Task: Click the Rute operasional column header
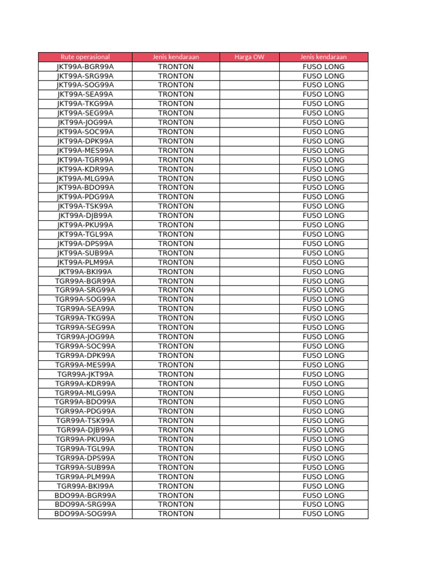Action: pyautogui.click(x=85, y=57)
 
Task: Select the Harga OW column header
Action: pyautogui.click(x=249, y=57)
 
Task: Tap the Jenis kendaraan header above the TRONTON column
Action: pyautogui.click(x=176, y=57)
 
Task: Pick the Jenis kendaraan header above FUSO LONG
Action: pyautogui.click(x=323, y=57)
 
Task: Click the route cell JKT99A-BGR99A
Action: pyautogui.click(x=85, y=66)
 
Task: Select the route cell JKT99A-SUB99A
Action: pyautogui.click(x=85, y=253)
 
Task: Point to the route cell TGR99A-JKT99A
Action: pyautogui.click(x=85, y=374)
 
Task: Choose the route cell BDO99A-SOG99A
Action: pyautogui.click(x=85, y=514)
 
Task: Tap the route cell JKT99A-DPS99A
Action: pyautogui.click(x=85, y=244)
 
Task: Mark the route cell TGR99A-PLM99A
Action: pyautogui.click(x=85, y=477)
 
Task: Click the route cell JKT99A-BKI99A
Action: pyautogui.click(x=85, y=272)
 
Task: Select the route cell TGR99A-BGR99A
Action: pyautogui.click(x=85, y=281)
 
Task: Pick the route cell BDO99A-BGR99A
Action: pyautogui.click(x=85, y=496)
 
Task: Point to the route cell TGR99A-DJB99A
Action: pyautogui.click(x=85, y=430)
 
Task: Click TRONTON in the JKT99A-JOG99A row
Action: pyautogui.click(x=176, y=122)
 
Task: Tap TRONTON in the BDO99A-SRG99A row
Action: pyautogui.click(x=176, y=505)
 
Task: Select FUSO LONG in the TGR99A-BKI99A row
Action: pyautogui.click(x=323, y=486)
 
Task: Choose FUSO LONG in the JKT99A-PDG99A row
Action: pyautogui.click(x=323, y=197)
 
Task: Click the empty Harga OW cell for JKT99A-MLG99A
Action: pyautogui.click(x=249, y=178)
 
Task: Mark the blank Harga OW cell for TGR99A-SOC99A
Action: pyautogui.click(x=249, y=346)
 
